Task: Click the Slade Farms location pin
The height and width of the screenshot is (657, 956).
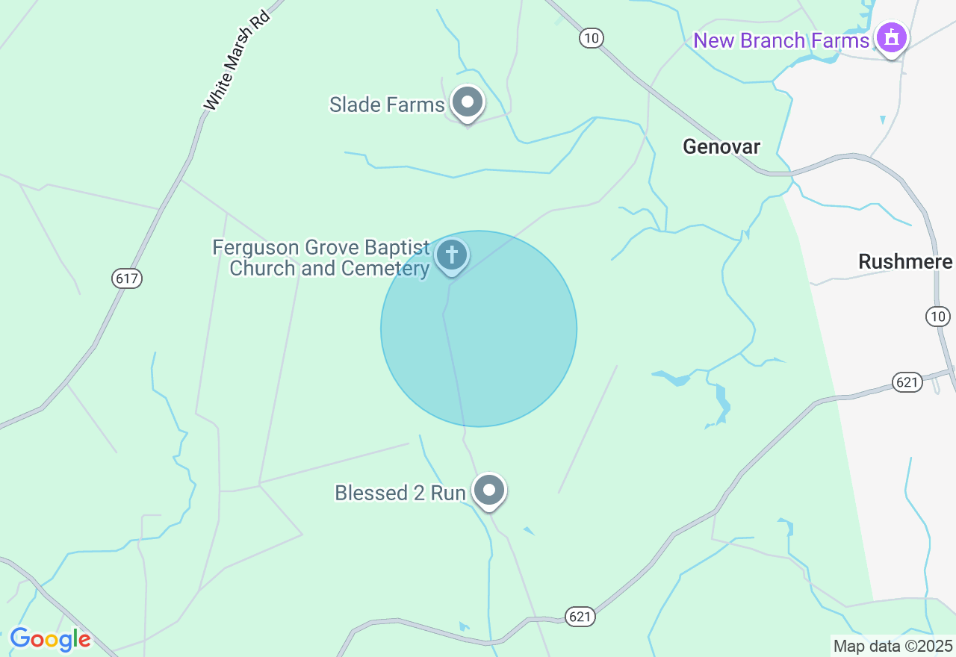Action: (468, 102)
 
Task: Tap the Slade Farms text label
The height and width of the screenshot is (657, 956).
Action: (387, 105)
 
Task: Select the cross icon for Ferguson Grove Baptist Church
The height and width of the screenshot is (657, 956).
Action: (451, 255)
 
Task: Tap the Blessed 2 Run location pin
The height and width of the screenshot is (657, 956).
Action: (489, 491)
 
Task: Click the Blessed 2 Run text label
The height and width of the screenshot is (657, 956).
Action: (400, 493)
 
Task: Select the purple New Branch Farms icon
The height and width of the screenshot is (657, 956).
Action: (891, 37)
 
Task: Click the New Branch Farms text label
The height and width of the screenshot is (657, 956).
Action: (781, 40)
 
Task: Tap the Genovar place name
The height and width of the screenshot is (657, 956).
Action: (721, 146)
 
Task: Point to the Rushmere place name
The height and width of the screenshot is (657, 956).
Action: (905, 262)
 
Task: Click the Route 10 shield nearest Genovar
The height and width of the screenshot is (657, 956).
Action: (591, 38)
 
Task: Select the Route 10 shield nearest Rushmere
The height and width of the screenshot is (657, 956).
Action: (938, 317)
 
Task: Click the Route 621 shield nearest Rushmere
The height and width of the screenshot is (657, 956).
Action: (907, 382)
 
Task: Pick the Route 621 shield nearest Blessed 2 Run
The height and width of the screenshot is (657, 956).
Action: (580, 616)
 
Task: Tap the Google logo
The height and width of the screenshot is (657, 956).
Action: (50, 639)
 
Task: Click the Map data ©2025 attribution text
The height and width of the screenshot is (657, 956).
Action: (893, 646)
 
